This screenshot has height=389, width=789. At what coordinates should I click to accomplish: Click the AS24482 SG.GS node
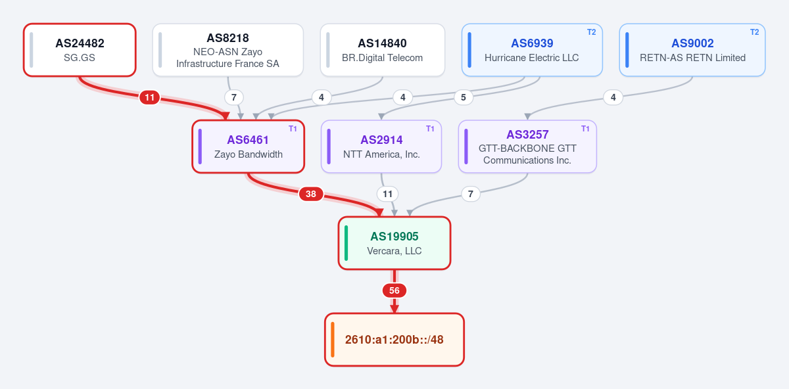coord(80,50)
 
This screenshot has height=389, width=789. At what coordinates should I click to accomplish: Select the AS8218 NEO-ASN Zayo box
coord(228,50)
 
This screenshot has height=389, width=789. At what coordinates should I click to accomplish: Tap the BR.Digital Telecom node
coord(383,50)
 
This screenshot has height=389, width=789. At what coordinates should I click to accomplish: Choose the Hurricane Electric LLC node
coord(532,50)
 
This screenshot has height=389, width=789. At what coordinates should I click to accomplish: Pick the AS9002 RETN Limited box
coord(692,50)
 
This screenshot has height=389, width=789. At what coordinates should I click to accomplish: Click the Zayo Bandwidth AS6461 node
coord(249,147)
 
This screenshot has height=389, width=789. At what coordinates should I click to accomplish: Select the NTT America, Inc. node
coord(381,147)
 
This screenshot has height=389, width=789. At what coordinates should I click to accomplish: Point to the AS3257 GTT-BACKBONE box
coord(527,147)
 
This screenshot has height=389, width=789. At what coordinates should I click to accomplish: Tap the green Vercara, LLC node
coord(394,243)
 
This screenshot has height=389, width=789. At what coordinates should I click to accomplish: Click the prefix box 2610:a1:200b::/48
coord(394,340)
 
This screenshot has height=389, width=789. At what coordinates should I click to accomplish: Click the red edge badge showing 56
coord(394,290)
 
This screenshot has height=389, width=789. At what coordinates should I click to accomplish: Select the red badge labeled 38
coord(310,194)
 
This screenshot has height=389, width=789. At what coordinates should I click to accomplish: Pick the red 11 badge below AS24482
coord(150,97)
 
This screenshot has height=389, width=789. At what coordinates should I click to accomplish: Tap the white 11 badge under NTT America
coord(387,194)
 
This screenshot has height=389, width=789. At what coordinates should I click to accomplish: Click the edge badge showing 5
coord(463,97)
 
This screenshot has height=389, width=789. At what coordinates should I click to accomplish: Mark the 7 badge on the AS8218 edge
coord(233,97)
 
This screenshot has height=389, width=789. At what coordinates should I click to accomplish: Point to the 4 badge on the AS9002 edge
coord(613,97)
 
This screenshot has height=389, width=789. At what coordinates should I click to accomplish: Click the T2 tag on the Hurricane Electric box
coord(591,32)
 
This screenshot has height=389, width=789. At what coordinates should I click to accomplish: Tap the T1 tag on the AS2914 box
coord(430,129)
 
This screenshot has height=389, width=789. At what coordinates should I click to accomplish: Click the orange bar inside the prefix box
coord(333,340)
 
